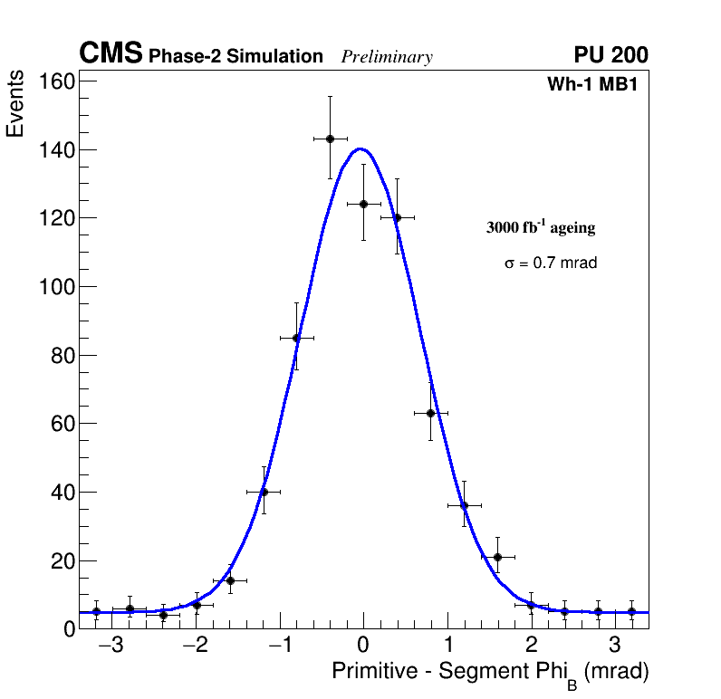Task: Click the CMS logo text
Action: (111, 54)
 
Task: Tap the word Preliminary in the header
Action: (387, 57)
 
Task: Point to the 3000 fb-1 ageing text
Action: (541, 228)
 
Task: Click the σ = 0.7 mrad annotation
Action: (551, 263)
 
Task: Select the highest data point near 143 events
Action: (330, 139)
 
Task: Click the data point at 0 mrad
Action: (363, 204)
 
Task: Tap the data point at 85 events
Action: (296, 338)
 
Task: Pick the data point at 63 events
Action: (430, 413)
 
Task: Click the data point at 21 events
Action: (497, 557)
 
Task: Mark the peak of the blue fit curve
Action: (361, 148)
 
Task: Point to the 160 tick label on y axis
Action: (56, 81)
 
